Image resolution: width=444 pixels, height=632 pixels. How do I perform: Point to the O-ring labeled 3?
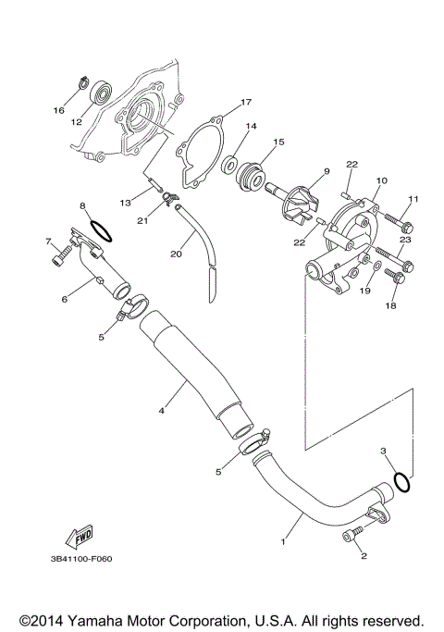pyautogui.click(x=401, y=481)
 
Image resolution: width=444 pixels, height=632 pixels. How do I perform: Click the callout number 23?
pyautogui.click(x=404, y=240)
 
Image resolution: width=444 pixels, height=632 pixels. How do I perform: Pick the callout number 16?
pyautogui.click(x=58, y=110)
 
